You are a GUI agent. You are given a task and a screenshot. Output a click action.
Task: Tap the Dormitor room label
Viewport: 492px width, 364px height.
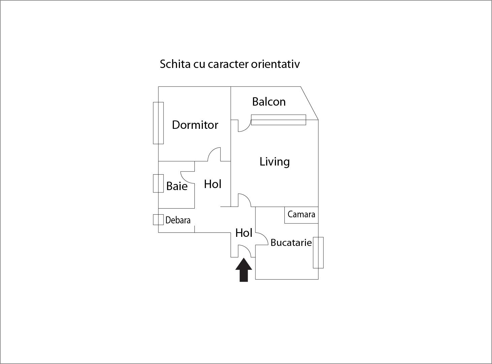pyautogui.click(x=195, y=125)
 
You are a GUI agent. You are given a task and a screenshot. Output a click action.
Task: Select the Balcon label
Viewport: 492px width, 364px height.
pyautogui.click(x=269, y=102)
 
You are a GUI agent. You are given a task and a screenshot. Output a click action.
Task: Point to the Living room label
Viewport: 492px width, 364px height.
pyautogui.click(x=274, y=162)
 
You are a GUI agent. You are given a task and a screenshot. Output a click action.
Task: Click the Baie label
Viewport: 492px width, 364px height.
pyautogui.click(x=177, y=186)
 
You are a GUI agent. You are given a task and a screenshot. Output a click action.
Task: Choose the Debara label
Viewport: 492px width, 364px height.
pyautogui.click(x=178, y=220)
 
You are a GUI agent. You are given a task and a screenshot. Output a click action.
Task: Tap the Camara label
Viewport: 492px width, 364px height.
pyautogui.click(x=301, y=214)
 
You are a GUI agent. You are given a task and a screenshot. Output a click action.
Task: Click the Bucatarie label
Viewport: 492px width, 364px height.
pyautogui.click(x=291, y=243)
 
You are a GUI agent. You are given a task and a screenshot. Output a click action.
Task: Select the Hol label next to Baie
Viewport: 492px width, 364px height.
pyautogui.click(x=213, y=184)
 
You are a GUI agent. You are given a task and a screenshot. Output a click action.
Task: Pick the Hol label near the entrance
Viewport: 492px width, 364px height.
pyautogui.click(x=244, y=233)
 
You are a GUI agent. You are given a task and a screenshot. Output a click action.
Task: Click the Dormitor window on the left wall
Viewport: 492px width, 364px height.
pyautogui.click(x=158, y=123)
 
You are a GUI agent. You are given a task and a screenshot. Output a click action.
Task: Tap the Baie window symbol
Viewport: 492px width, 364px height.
pyautogui.click(x=158, y=183)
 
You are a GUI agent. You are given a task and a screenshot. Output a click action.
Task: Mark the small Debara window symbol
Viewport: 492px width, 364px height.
pyautogui.click(x=158, y=219)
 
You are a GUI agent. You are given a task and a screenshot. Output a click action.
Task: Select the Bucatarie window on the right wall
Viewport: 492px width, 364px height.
pyautogui.click(x=318, y=253)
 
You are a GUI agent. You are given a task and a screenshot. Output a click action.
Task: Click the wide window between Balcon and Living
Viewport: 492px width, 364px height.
pyautogui.click(x=278, y=120)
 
